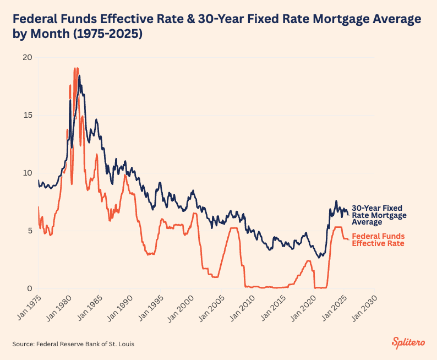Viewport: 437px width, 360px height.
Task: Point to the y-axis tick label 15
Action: [28, 116]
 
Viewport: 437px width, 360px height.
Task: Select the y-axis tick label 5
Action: [30, 231]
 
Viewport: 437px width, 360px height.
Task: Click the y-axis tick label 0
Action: [30, 288]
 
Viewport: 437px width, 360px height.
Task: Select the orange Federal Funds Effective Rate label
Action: [378, 239]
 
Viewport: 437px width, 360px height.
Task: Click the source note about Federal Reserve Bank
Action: [73, 344]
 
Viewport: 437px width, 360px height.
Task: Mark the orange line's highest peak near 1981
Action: [76, 68]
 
